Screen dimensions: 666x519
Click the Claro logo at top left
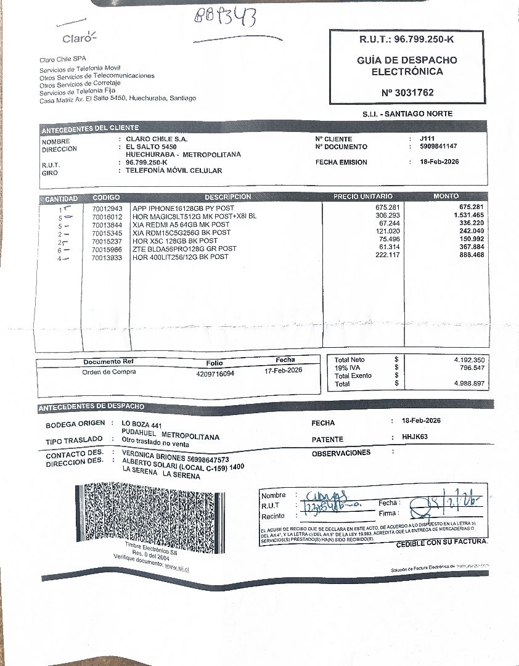pos(79,38)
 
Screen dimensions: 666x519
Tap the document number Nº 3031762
pos(407,92)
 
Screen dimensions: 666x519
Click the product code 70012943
pos(107,208)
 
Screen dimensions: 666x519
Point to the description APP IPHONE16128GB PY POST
pos(183,208)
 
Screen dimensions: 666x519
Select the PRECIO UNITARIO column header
pos(362,197)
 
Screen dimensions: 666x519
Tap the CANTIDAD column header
pos(62,199)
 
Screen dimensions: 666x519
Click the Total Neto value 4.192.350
pos(469,360)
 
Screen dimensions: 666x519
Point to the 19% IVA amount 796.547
pos(472,368)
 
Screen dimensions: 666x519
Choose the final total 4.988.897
pos(469,384)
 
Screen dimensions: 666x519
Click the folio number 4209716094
pos(215,374)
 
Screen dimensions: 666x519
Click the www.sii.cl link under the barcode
pos(177,567)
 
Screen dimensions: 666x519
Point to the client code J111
pos(419,139)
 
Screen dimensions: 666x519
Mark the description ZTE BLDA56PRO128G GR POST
pos(184,249)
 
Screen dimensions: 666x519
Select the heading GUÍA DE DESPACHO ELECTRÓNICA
pos(407,66)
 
